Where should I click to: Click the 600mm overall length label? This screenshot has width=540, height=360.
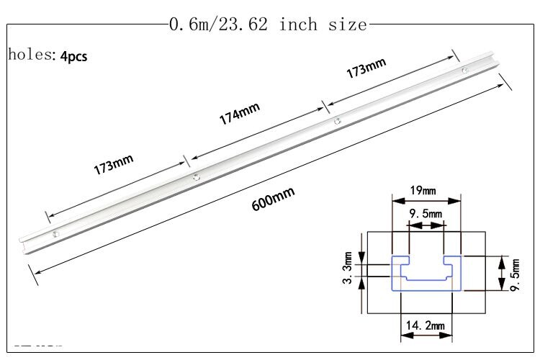click(273, 199)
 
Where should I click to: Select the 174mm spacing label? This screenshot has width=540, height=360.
click(239, 113)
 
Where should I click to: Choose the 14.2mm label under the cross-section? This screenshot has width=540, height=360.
click(424, 326)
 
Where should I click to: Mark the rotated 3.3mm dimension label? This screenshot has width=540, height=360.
click(348, 269)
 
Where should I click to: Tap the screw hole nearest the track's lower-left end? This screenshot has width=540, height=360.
click(55, 233)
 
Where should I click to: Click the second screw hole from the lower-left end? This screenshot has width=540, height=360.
click(194, 174)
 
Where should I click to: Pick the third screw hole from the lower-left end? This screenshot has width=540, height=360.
click(336, 122)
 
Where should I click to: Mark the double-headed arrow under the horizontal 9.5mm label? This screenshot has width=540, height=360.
click(426, 225)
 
